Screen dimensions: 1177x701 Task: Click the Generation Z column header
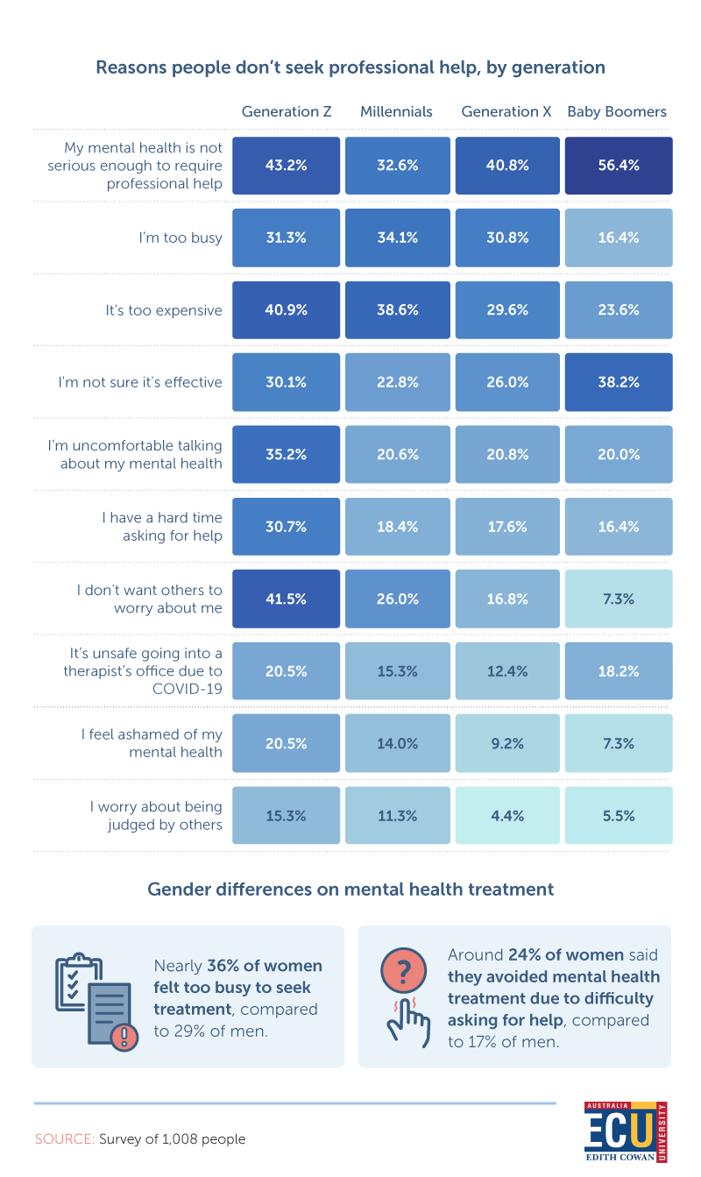(287, 111)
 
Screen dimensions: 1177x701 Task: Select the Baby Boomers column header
(617, 111)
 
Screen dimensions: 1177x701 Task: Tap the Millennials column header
(396, 111)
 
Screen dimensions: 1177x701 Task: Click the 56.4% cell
(619, 165)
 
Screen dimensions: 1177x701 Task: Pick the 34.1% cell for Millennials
(396, 238)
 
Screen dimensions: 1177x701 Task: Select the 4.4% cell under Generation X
(507, 815)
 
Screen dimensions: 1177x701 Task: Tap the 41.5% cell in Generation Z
(287, 599)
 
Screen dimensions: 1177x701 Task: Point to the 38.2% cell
(619, 382)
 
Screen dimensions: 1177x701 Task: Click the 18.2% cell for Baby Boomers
(619, 670)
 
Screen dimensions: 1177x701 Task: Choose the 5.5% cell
(619, 815)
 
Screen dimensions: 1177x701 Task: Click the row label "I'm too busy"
(181, 238)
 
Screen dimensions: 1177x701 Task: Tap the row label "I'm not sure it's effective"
(140, 382)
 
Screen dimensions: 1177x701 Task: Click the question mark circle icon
(403, 971)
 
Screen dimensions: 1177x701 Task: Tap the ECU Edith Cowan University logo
(625, 1132)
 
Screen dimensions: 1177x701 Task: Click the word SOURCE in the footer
(64, 1139)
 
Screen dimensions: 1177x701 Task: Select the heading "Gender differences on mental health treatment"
(350, 890)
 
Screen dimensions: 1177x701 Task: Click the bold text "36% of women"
(265, 966)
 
